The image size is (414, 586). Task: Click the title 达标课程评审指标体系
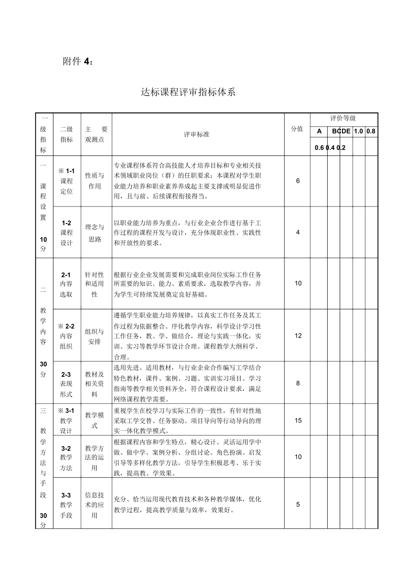click(188, 92)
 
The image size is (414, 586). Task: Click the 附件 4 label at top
click(78, 62)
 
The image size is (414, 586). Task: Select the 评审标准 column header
click(196, 134)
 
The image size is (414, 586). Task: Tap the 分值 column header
click(297, 129)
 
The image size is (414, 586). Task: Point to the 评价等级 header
click(343, 118)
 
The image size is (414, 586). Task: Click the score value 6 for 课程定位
click(297, 181)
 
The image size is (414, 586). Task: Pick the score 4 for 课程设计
click(297, 232)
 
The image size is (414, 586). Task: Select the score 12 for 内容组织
click(297, 335)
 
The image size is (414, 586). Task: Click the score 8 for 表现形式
click(297, 383)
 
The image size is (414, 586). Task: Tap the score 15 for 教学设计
click(298, 420)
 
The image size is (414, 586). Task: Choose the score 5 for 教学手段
click(297, 505)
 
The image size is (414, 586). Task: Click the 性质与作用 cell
click(95, 181)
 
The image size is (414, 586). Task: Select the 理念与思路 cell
click(95, 233)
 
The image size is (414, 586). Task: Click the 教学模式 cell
click(95, 420)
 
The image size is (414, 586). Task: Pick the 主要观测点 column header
click(96, 134)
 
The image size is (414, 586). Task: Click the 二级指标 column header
click(66, 134)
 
